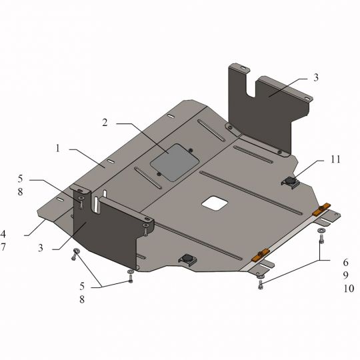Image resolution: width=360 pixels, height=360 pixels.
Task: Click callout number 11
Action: (335, 159)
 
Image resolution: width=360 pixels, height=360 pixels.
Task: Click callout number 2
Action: (105, 123)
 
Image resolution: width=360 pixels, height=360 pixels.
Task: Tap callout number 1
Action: (57, 148)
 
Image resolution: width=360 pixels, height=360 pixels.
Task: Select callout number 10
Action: (349, 289)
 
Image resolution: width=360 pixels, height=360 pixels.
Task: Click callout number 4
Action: (3, 234)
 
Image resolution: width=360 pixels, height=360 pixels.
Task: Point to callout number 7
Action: (3, 247)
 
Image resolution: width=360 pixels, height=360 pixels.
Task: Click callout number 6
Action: (346, 262)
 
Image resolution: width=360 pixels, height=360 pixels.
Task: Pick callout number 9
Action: (346, 275)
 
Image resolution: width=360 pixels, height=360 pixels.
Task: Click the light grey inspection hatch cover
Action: (175, 162)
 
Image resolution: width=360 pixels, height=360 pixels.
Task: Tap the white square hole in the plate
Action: (215, 203)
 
